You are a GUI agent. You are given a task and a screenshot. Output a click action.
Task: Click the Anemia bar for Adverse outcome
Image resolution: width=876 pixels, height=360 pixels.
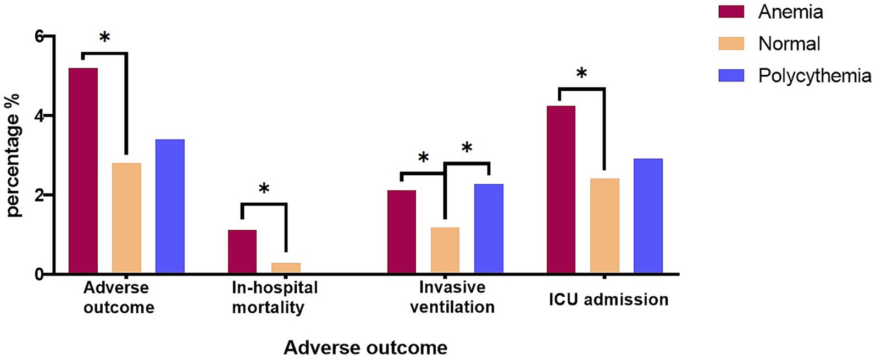83,170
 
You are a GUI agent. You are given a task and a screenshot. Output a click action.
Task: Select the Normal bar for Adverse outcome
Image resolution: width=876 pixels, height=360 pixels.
126,218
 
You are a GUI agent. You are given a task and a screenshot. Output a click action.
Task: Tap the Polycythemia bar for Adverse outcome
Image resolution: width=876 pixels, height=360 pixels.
170,206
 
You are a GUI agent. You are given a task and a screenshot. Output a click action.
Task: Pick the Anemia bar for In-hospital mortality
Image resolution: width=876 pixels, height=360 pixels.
242,251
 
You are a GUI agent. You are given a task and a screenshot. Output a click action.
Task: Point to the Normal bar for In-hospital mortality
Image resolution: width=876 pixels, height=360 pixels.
286,268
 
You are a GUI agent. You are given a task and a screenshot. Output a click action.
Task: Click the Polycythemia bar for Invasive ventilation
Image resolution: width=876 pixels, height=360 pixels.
489,228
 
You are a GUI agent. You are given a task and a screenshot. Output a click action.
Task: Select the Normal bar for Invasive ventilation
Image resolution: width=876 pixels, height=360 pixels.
445,250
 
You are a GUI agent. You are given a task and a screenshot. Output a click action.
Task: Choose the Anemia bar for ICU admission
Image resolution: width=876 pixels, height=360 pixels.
561,190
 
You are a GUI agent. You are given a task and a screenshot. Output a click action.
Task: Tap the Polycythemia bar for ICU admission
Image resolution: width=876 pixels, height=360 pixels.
648,216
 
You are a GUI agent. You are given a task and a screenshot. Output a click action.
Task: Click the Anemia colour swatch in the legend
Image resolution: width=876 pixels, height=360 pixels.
731,12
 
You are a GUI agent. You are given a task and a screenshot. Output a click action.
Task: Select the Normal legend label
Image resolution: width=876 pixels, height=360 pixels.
789,43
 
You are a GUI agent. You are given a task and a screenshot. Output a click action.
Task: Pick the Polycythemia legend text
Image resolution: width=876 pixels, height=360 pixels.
814,75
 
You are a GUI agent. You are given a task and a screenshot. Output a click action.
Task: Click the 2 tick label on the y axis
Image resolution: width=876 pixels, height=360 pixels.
38,195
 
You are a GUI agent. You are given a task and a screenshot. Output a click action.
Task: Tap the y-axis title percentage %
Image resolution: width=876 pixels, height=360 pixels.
13,156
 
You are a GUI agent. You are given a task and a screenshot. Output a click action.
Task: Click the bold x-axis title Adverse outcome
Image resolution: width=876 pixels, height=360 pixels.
365,348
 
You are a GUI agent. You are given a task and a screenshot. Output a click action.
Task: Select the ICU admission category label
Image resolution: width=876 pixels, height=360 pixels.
608,300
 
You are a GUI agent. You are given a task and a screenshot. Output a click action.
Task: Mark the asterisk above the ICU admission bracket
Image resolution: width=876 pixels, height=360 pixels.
582,74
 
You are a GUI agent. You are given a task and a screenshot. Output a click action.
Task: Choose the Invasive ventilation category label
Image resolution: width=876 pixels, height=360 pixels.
452,297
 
